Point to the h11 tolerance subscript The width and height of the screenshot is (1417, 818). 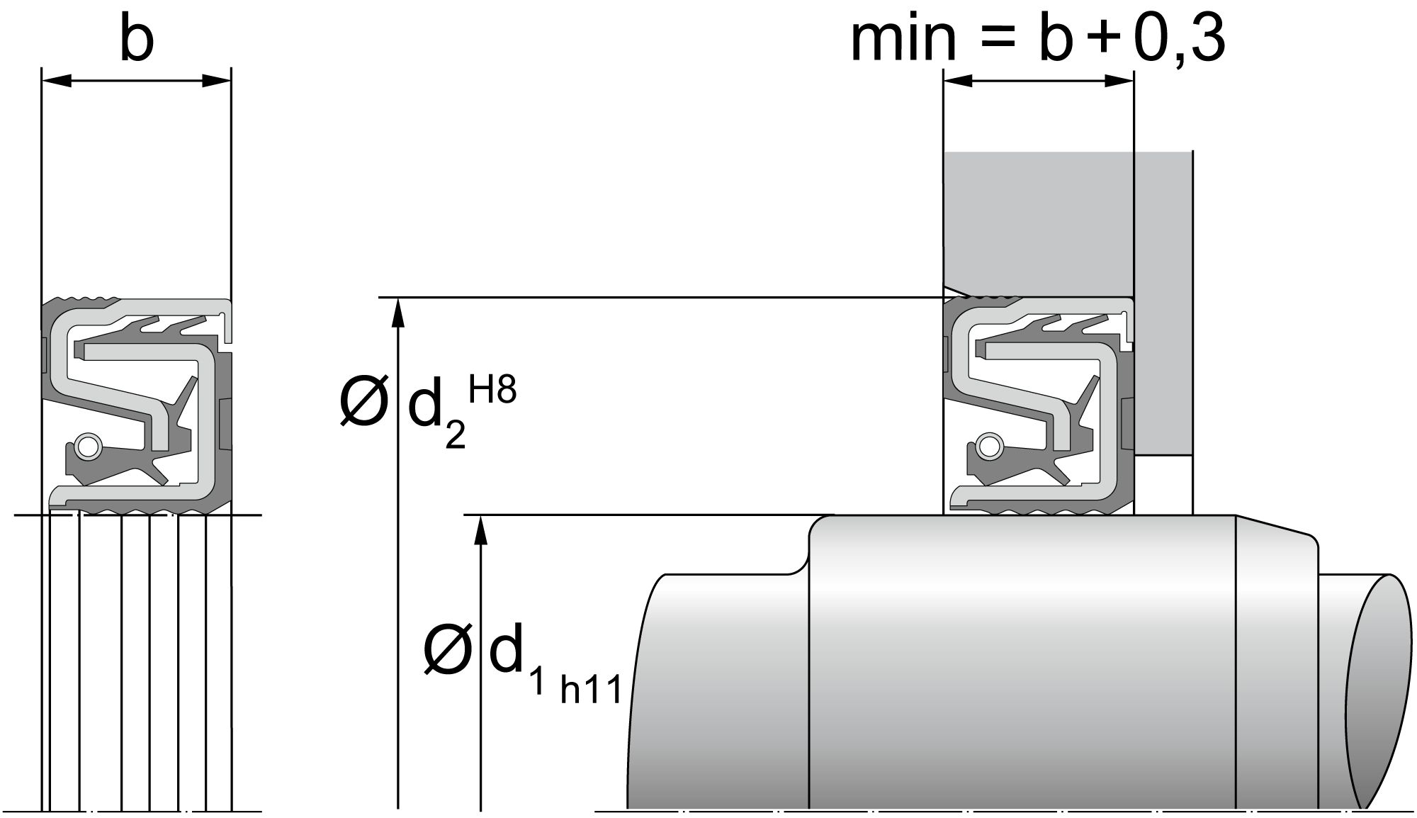pos(591,690)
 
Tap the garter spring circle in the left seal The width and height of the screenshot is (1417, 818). pos(88,446)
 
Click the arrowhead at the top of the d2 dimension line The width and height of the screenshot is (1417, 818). pos(398,312)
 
